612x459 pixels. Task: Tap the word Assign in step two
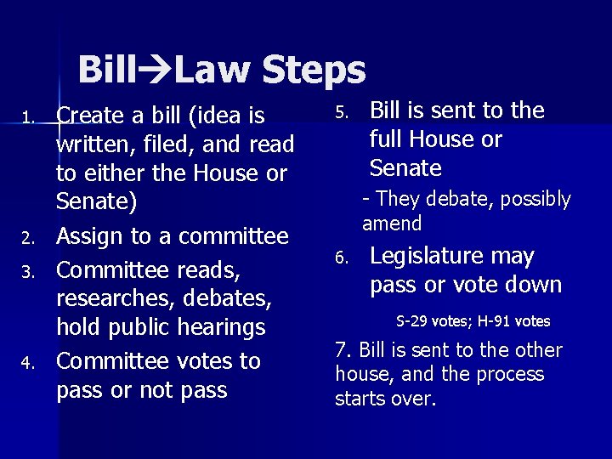point(88,235)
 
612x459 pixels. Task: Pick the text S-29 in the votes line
point(413,321)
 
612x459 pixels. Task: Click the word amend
point(392,224)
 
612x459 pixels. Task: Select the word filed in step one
point(160,144)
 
